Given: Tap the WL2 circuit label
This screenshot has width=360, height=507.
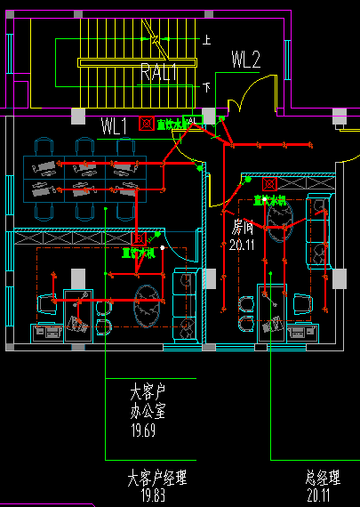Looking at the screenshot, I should [245, 60].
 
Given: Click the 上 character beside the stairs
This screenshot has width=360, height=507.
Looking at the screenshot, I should [207, 40].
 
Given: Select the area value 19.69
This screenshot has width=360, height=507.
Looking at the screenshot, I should [143, 431].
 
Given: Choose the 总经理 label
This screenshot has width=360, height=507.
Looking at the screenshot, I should [324, 479].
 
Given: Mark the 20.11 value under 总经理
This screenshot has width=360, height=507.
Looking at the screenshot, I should [324, 496].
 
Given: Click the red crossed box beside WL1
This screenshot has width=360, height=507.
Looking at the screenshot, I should [147, 124].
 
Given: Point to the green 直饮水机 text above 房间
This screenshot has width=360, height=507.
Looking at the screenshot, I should [270, 200].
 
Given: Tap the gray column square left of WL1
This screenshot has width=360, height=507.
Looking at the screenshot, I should [78, 117].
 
